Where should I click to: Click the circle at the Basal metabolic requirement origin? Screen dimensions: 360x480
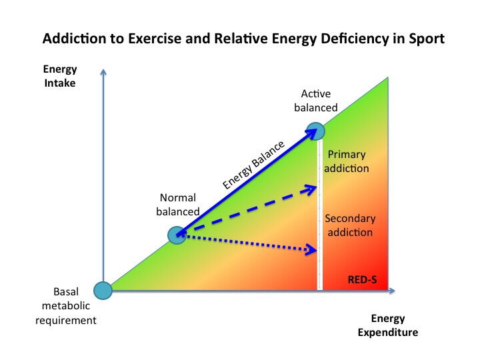click(103, 291)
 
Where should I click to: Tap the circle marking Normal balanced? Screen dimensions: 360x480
click(176, 235)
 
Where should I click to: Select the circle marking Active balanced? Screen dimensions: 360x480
click(316, 131)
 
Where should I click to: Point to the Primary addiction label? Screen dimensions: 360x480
click(346, 161)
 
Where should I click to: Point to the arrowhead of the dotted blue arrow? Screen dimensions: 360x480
click(311, 251)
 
